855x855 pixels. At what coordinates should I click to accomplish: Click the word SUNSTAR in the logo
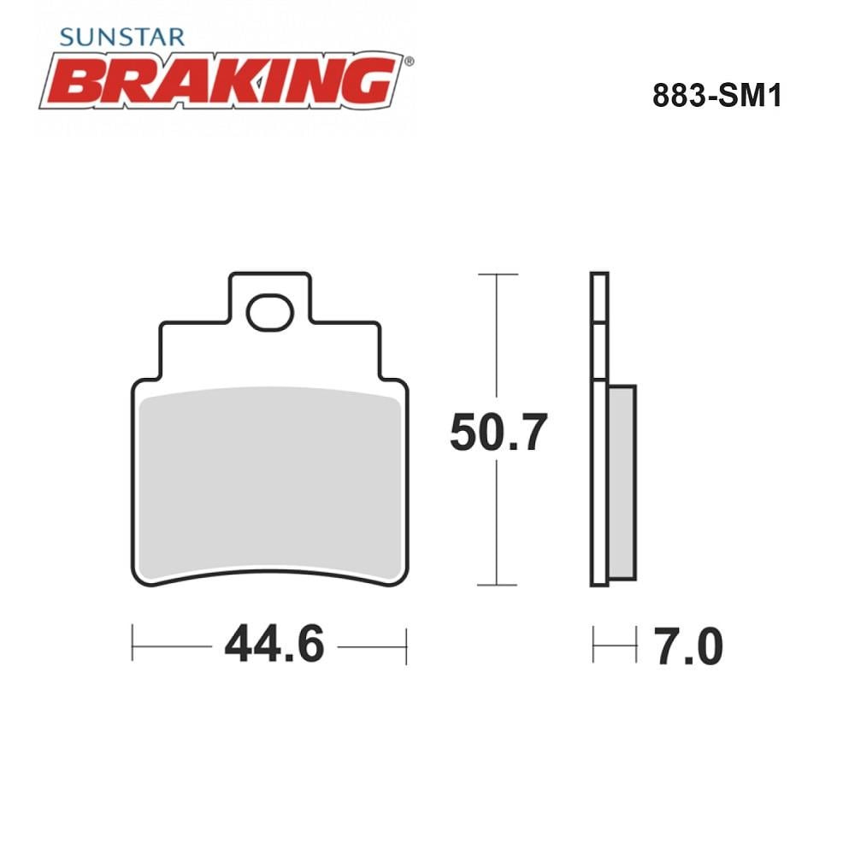[122, 37]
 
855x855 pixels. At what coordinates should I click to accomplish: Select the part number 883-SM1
[717, 96]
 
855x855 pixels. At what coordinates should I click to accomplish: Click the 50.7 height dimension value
[498, 432]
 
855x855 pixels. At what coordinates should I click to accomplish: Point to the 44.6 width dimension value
[274, 644]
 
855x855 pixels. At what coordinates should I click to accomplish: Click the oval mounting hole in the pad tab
[270, 312]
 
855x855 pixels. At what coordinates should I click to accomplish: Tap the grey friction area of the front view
[270, 482]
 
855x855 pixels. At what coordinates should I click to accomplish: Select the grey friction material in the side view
[622, 482]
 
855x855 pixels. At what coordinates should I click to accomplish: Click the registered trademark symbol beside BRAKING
[409, 62]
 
